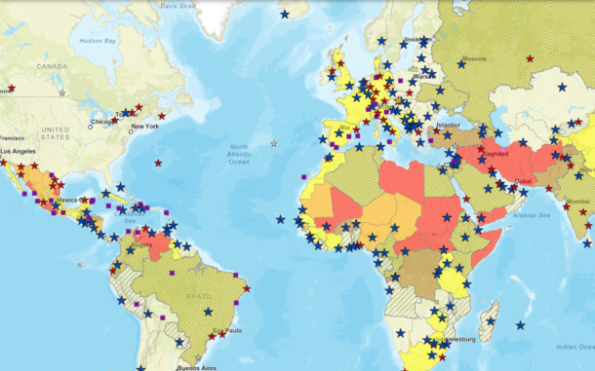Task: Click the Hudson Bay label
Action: [97, 41]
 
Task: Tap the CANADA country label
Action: [52, 67]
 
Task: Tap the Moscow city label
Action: [474, 59]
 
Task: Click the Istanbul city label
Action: [448, 125]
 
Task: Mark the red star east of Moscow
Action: [530, 59]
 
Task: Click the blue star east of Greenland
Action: [285, 14]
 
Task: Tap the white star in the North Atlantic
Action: [273, 143]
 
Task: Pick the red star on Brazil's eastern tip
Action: [245, 288]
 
